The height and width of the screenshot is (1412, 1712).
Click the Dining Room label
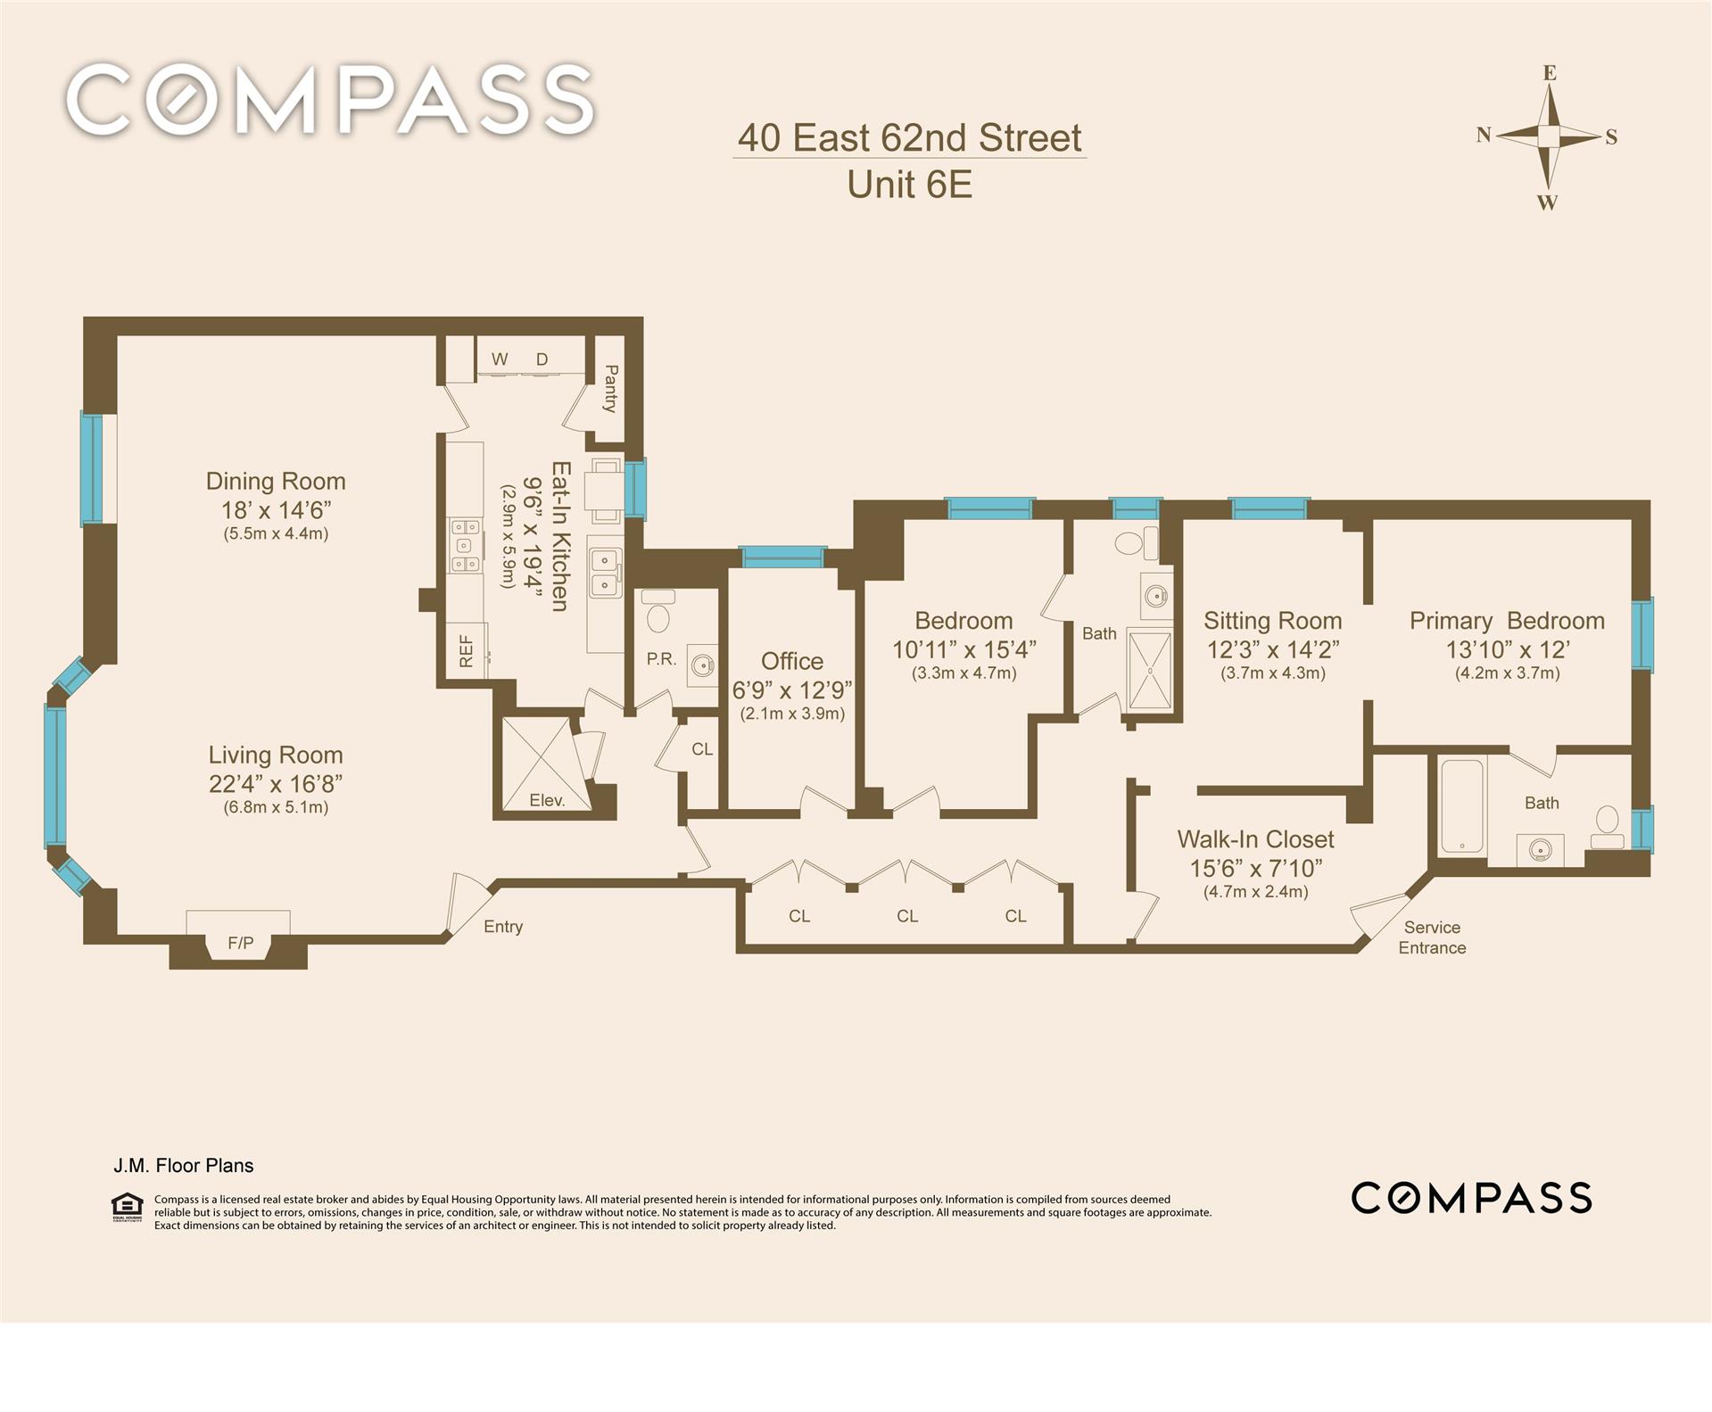276,482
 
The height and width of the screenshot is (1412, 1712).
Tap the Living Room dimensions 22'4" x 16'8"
276,783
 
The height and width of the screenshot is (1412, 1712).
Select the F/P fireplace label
241,943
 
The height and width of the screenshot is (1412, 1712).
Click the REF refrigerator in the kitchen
467,650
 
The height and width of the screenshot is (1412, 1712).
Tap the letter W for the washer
500,359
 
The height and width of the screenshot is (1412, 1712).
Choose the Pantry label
611,388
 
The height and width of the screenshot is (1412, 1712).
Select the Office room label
792,661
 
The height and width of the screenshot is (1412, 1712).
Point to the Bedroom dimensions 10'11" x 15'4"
964,649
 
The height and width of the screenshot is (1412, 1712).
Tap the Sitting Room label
1273,621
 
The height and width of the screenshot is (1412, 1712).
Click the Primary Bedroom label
1507,621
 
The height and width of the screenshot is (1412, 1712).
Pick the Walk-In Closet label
1255,839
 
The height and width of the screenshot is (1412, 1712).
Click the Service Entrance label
1432,937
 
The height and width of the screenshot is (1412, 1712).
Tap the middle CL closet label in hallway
907,916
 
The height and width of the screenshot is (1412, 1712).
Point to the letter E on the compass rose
1550,73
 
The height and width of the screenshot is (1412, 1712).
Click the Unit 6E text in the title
909,185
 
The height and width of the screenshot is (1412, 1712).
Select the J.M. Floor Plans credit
184,1166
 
